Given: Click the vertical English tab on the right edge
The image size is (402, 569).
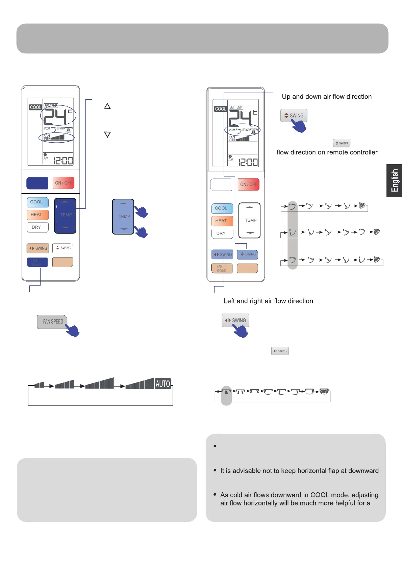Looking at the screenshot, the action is pos(394,180).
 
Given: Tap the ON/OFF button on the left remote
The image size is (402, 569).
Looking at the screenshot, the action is pos(64,183).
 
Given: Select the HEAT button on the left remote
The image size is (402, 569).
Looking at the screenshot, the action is pos(37,215).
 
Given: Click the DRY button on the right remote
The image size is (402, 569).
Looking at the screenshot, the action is pos(222,233).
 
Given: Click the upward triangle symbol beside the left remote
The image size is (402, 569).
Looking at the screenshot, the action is pos(107,106).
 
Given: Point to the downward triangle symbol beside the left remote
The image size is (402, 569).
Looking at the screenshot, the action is pos(107,134).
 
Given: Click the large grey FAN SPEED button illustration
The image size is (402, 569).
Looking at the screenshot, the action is pos(52,322).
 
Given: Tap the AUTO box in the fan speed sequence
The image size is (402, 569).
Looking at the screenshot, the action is pos(163,384).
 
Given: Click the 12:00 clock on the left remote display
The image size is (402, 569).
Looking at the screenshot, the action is pos(63,160).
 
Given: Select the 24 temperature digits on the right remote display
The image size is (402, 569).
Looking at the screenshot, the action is pos(240,119).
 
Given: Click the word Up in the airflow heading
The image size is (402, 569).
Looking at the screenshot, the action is pos(286,97).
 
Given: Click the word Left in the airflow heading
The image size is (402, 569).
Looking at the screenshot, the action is pos(229,301).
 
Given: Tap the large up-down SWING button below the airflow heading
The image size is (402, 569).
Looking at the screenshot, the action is pos(294,116).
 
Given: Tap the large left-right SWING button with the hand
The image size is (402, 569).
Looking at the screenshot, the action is pos(235,320).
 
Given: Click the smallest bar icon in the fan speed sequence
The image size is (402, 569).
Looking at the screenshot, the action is pos(39,385).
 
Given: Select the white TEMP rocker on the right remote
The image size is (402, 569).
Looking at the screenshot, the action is pos(250,220).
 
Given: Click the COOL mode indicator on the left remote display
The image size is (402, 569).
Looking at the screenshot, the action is pos(35,107).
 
